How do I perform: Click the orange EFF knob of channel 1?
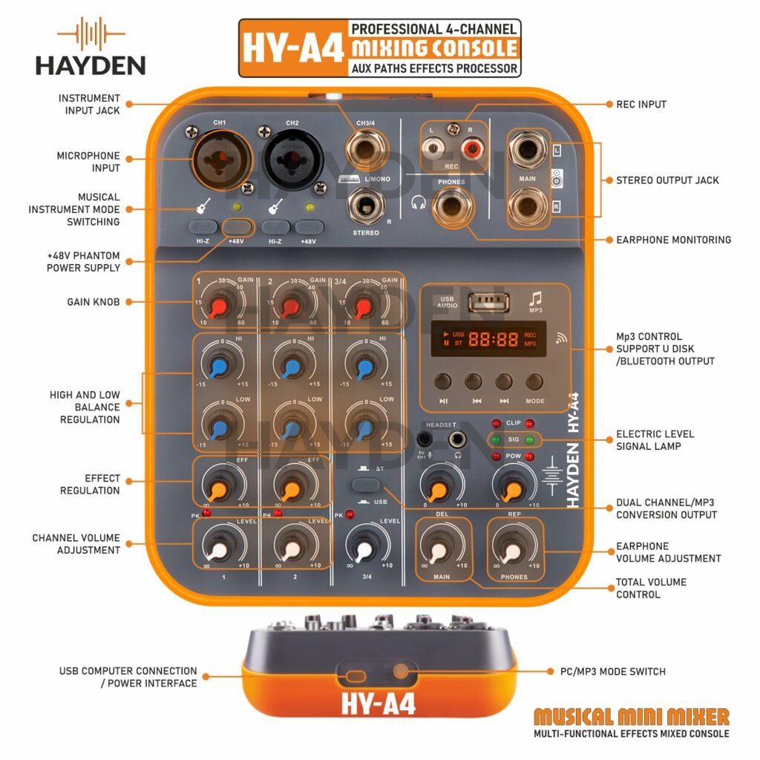coord(217,489)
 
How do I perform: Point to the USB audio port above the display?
coord(489,302)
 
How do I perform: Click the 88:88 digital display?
coord(490,339)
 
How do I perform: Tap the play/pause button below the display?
coord(442,381)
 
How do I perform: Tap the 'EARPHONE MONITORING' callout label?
coord(673,240)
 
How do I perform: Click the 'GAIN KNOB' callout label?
coord(93,302)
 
